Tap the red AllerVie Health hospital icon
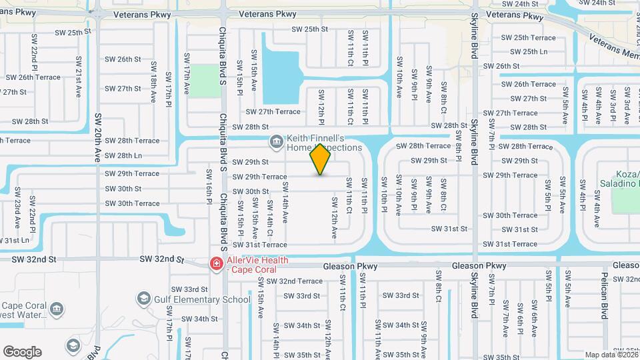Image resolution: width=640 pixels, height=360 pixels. click(216, 265)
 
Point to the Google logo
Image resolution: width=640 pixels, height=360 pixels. click(22, 351)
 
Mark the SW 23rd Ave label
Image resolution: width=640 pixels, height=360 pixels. click(17, 201)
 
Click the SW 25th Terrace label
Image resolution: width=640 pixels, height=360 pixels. click(529, 38)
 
